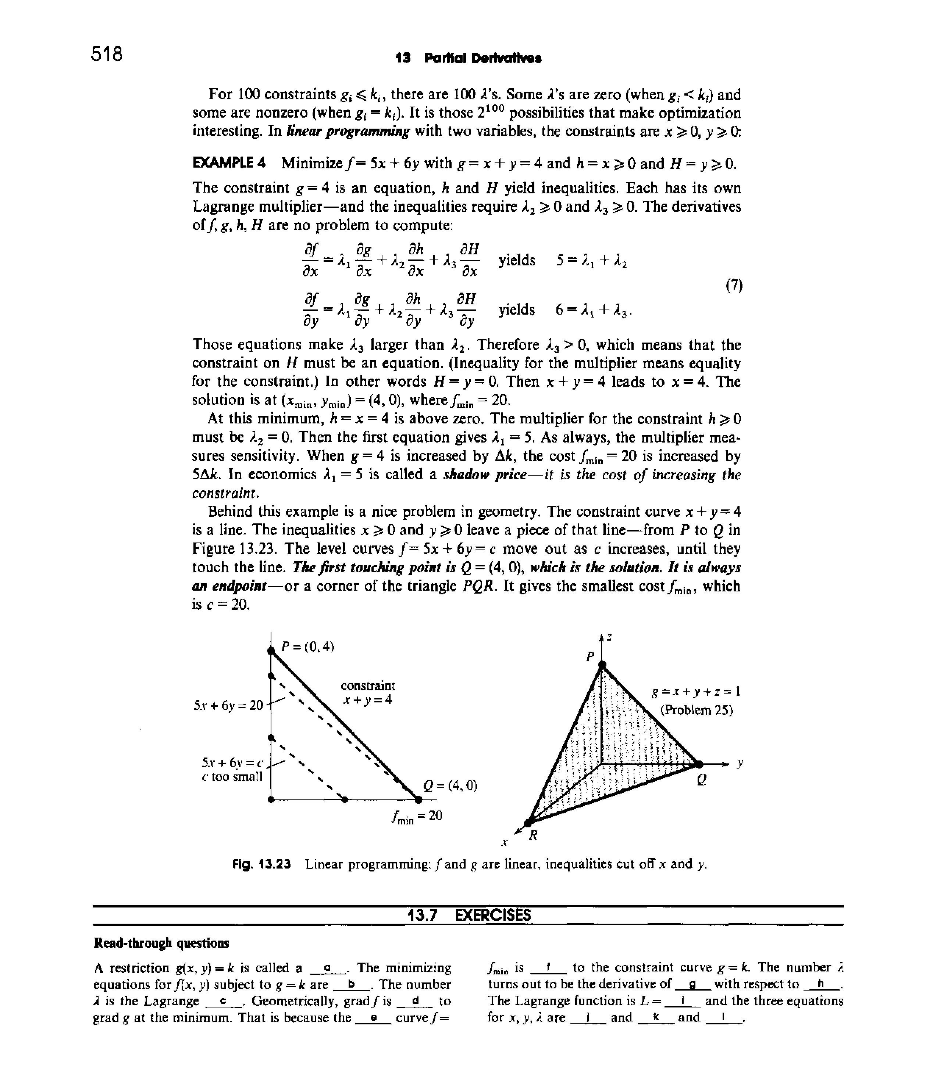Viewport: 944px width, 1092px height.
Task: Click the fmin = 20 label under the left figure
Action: coord(417,816)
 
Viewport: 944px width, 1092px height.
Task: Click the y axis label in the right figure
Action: coord(740,763)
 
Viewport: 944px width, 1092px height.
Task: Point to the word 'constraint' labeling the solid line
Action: coord(368,685)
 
